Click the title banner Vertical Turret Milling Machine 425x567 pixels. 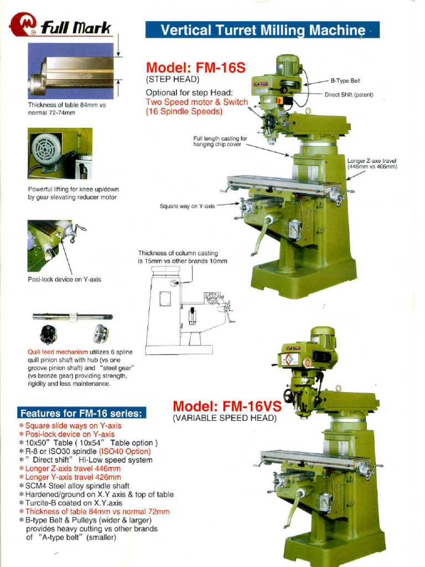(262, 30)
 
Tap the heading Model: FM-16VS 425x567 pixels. (227, 406)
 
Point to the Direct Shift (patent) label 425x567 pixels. (349, 95)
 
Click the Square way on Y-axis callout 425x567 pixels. (187, 206)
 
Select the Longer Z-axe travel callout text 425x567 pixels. (372, 163)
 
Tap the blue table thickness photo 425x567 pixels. (71, 71)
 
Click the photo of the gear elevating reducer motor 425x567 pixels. (60, 153)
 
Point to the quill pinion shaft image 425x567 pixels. (72, 317)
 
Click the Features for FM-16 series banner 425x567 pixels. (81, 413)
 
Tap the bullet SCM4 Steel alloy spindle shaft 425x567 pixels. (77, 486)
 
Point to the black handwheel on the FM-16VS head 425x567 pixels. (289, 395)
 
